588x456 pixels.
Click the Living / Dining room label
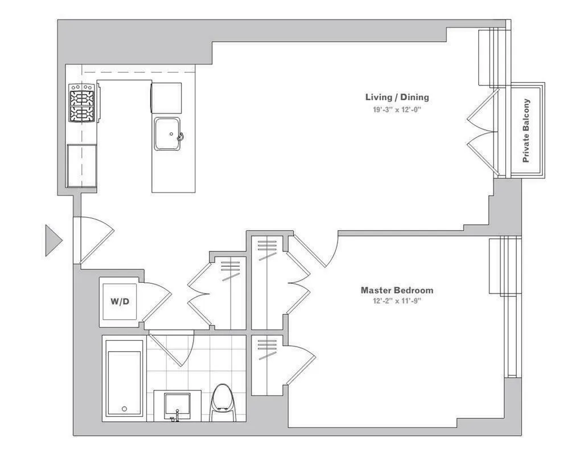click(397, 97)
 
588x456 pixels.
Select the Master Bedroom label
click(397, 290)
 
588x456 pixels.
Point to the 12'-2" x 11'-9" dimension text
click(397, 301)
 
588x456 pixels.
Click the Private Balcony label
click(527, 131)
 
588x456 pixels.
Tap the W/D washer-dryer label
click(120, 301)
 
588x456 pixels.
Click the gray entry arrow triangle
click(53, 240)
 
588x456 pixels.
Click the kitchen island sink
click(168, 135)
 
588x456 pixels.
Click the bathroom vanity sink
click(177, 406)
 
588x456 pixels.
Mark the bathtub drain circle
click(125, 409)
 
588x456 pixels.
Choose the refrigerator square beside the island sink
click(166, 97)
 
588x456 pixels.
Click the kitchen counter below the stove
click(82, 165)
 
